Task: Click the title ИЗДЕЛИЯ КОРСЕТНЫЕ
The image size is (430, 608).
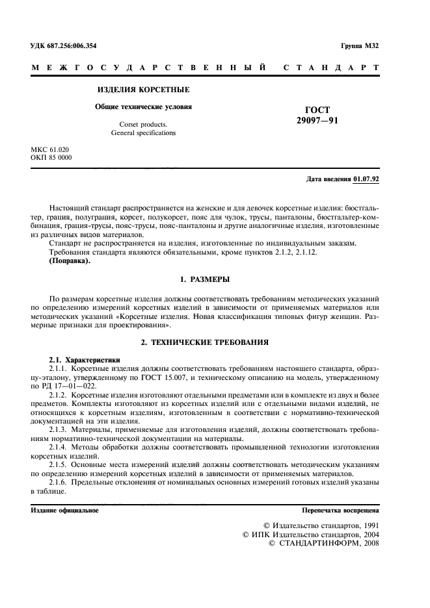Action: coord(143,89)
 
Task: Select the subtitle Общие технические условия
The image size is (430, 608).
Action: coord(144,107)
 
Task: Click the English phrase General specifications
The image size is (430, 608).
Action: coord(143,133)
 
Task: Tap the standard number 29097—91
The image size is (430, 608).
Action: coord(317,121)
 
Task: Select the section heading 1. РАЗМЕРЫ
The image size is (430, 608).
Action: coord(204,279)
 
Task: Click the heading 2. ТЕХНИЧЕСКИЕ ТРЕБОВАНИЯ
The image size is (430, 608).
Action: coord(204,341)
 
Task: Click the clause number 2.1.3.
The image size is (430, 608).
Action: coord(60,429)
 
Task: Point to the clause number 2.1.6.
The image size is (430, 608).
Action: coord(60,484)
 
